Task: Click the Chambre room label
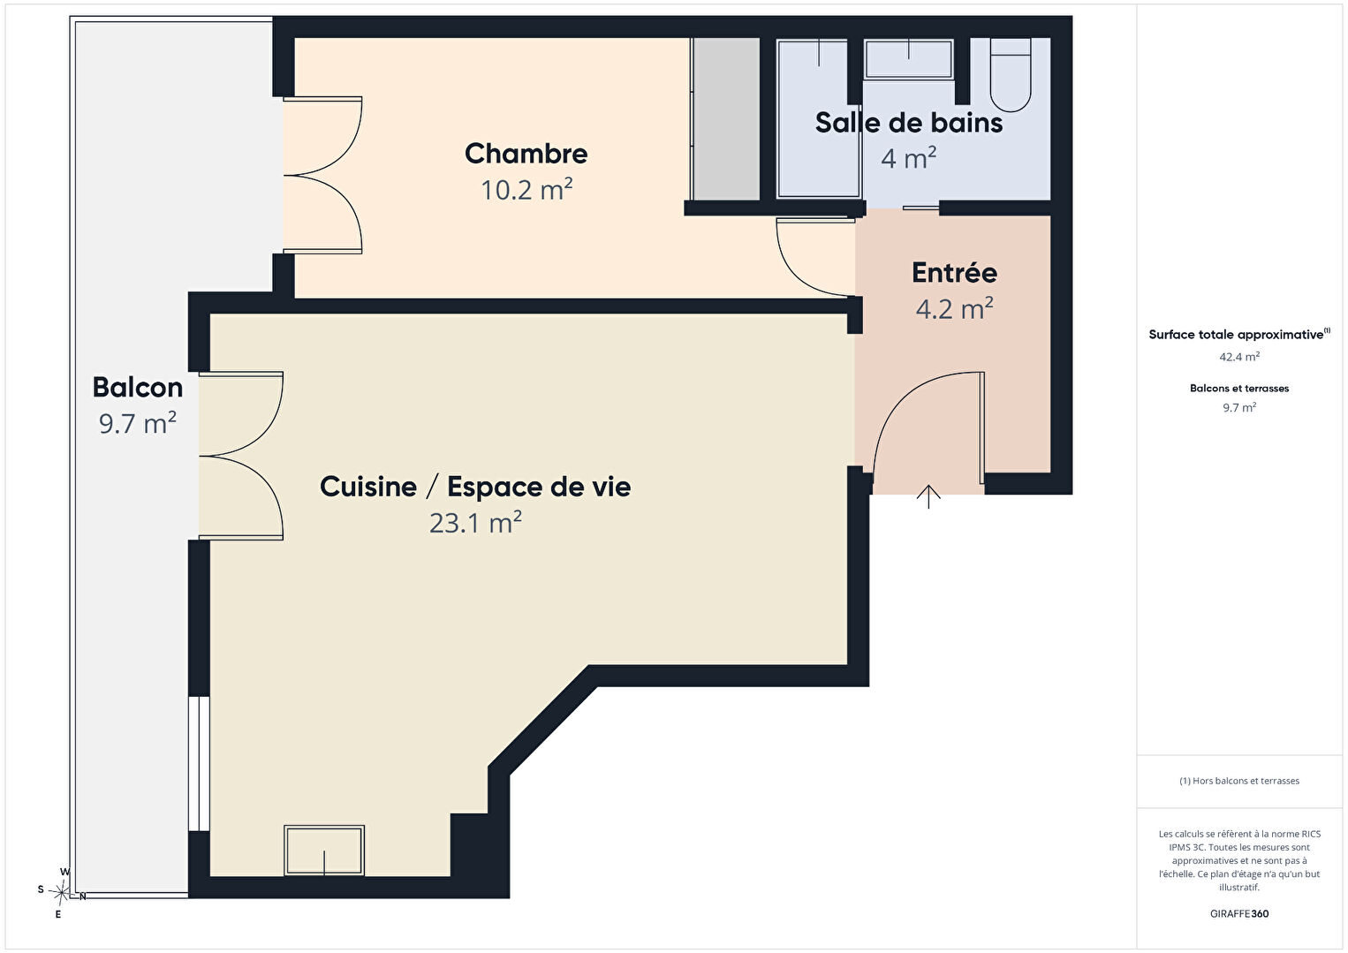(x=526, y=154)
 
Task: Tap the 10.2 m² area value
(x=526, y=190)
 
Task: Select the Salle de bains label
(x=909, y=123)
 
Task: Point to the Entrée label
(x=954, y=273)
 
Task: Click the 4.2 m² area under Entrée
(x=954, y=308)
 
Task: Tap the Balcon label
(x=137, y=387)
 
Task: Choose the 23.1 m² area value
(x=475, y=522)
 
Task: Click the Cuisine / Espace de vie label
(x=475, y=487)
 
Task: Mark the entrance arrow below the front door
(x=928, y=496)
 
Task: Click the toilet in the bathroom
(x=1011, y=74)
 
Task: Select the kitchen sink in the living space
(x=324, y=851)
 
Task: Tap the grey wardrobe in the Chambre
(x=725, y=118)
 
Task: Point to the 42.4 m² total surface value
(x=1239, y=357)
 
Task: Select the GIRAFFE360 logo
(x=1239, y=913)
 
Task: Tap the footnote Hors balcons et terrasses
(x=1239, y=781)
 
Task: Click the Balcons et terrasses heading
(x=1239, y=388)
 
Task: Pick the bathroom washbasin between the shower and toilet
(x=909, y=58)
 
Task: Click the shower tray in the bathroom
(x=818, y=118)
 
